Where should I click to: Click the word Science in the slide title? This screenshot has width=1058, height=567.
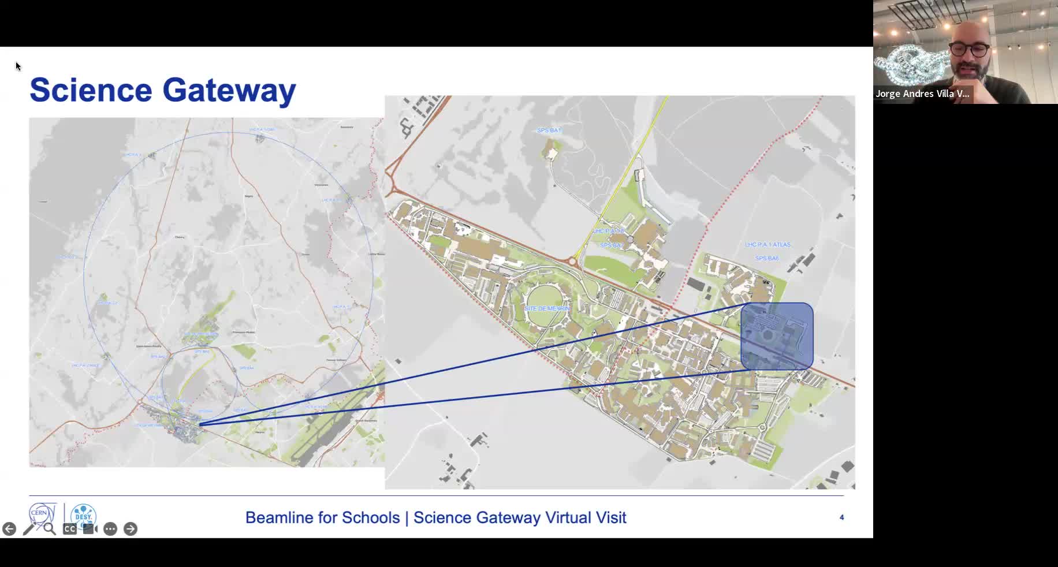click(91, 90)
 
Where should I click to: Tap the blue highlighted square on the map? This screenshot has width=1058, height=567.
click(777, 335)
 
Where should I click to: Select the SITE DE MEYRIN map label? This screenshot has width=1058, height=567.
click(546, 309)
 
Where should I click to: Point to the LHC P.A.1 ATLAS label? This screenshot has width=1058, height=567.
click(768, 245)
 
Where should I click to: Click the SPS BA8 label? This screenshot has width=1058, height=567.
click(767, 258)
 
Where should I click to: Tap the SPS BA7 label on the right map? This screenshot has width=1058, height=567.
click(612, 245)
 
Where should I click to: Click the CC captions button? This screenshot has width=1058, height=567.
click(69, 529)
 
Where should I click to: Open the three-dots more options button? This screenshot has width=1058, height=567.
click(110, 529)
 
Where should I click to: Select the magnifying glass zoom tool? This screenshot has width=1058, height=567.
click(50, 529)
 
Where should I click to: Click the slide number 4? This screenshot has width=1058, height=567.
click(841, 517)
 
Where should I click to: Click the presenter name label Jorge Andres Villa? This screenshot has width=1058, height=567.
click(922, 94)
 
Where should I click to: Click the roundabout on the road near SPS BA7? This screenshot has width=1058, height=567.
click(572, 262)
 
